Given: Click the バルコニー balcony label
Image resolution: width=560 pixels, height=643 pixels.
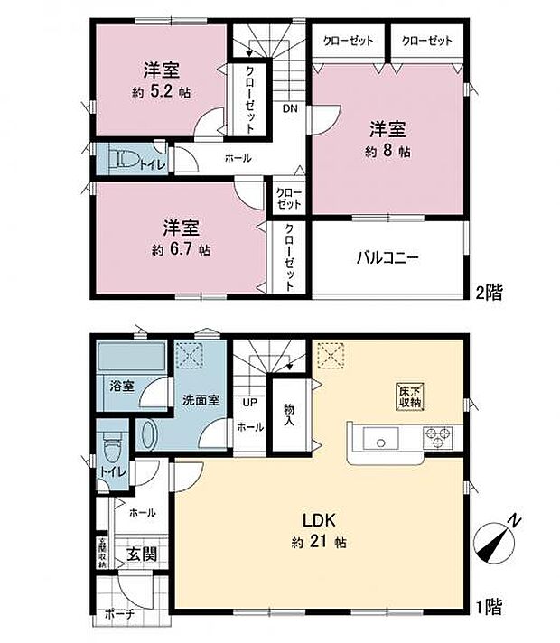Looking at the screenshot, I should (x=386, y=256).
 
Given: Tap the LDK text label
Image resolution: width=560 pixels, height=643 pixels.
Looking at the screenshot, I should (x=319, y=520).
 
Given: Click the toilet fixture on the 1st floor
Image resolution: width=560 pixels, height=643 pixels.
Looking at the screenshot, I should (x=113, y=445).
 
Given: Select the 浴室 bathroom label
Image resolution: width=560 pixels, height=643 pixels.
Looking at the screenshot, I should (x=123, y=386).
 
